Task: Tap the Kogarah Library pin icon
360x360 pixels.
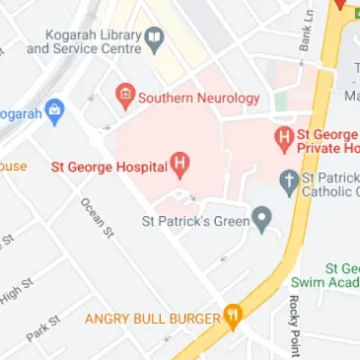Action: click(154, 38)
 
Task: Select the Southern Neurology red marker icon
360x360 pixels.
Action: click(124, 97)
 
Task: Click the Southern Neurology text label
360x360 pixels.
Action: click(199, 98)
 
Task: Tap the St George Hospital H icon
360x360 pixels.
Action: click(180, 164)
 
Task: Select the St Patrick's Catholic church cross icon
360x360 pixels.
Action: click(289, 180)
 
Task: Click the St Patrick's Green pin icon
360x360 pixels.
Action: click(261, 219)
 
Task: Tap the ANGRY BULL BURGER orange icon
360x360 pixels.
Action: click(233, 317)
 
